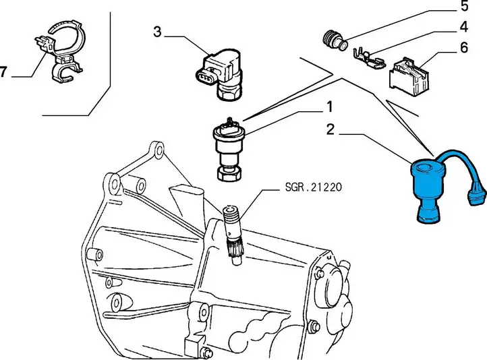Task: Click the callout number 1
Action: click(330, 107)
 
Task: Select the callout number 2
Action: click(330, 129)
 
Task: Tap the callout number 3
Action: click(158, 32)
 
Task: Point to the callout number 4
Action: click(463, 27)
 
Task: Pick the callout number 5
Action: click(464, 6)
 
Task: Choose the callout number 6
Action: click(463, 48)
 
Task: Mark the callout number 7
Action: click(3, 72)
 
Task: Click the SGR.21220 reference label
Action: click(314, 187)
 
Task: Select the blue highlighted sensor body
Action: click(428, 191)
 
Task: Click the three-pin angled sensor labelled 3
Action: click(219, 74)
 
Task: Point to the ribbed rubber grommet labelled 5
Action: click(333, 40)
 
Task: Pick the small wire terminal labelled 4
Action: click(369, 59)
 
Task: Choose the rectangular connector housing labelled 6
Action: click(409, 74)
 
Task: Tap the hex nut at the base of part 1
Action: click(230, 174)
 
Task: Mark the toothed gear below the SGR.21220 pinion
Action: click(235, 248)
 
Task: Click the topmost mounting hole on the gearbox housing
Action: click(158, 150)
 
